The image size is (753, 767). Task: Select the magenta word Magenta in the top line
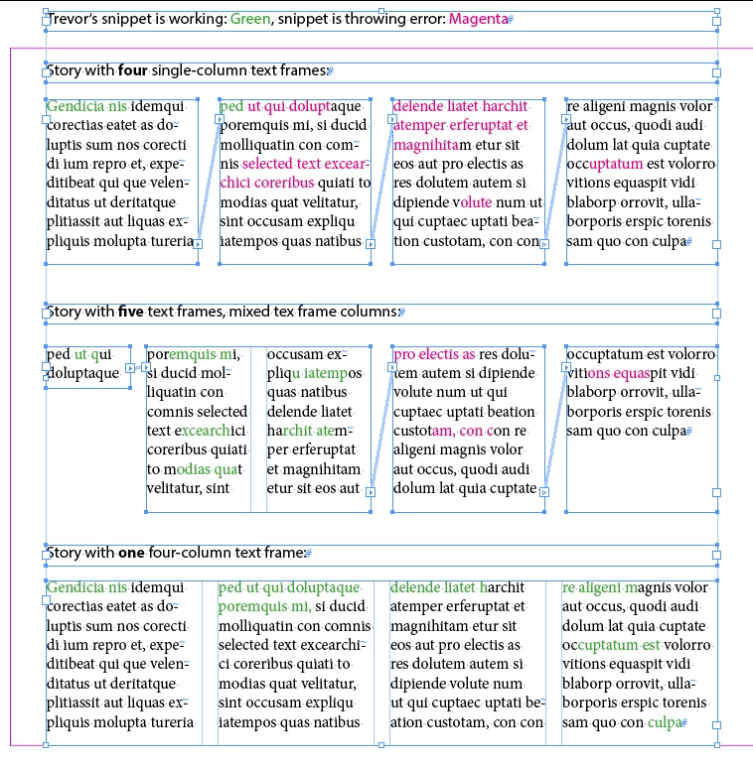click(477, 19)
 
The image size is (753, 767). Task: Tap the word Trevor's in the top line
click(75, 19)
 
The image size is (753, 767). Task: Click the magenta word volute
click(472, 201)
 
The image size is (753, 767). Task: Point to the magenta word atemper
click(419, 125)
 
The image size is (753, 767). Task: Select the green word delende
click(416, 588)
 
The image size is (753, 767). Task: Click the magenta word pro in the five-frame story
click(404, 354)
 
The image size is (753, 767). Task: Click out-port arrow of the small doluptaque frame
click(130, 368)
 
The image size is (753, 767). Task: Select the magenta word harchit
click(502, 106)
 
